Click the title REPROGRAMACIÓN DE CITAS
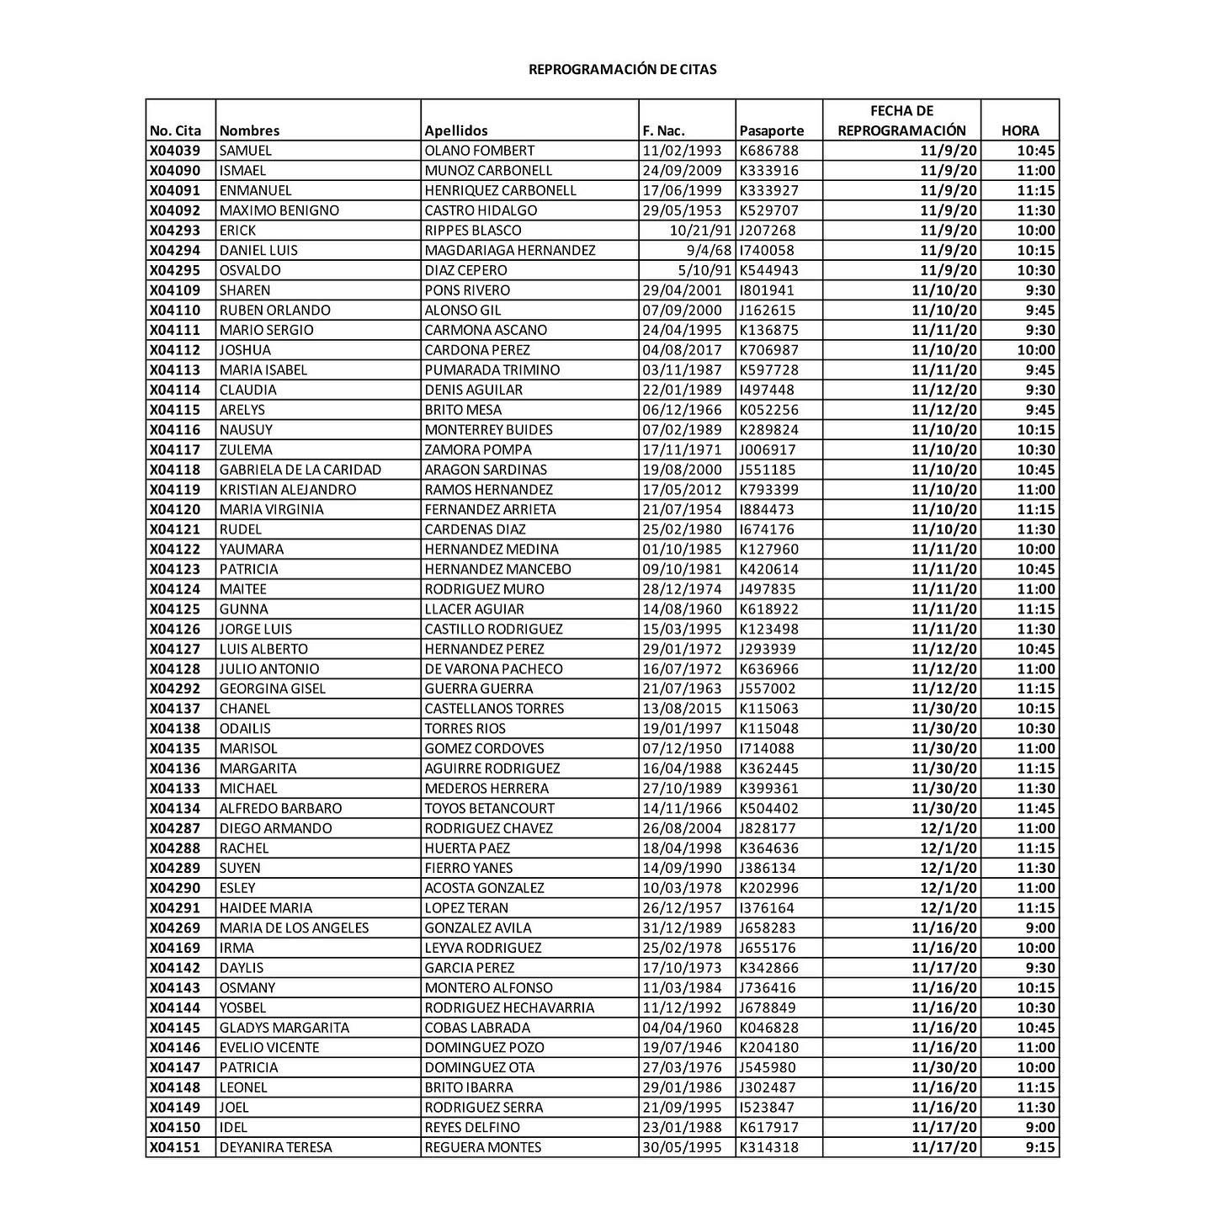pos(622,69)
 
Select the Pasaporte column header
pos(771,130)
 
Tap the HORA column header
pos(1020,130)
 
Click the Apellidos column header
pos(456,130)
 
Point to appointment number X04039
pos(175,151)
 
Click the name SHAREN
pos(245,290)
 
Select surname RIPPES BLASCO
pos(473,231)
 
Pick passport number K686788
pos(768,151)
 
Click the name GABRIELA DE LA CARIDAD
pos(300,470)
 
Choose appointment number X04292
pos(175,688)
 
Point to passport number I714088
pos(767,748)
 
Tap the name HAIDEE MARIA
pos(266,908)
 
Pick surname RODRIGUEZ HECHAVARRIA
pos(509,1007)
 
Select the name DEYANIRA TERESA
pos(276,1147)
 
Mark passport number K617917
pos(768,1127)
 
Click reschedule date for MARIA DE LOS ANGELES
pos(944,928)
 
